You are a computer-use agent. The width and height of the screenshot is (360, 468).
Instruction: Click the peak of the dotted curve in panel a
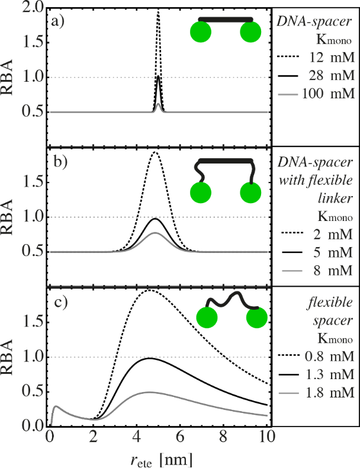[158, 10]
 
